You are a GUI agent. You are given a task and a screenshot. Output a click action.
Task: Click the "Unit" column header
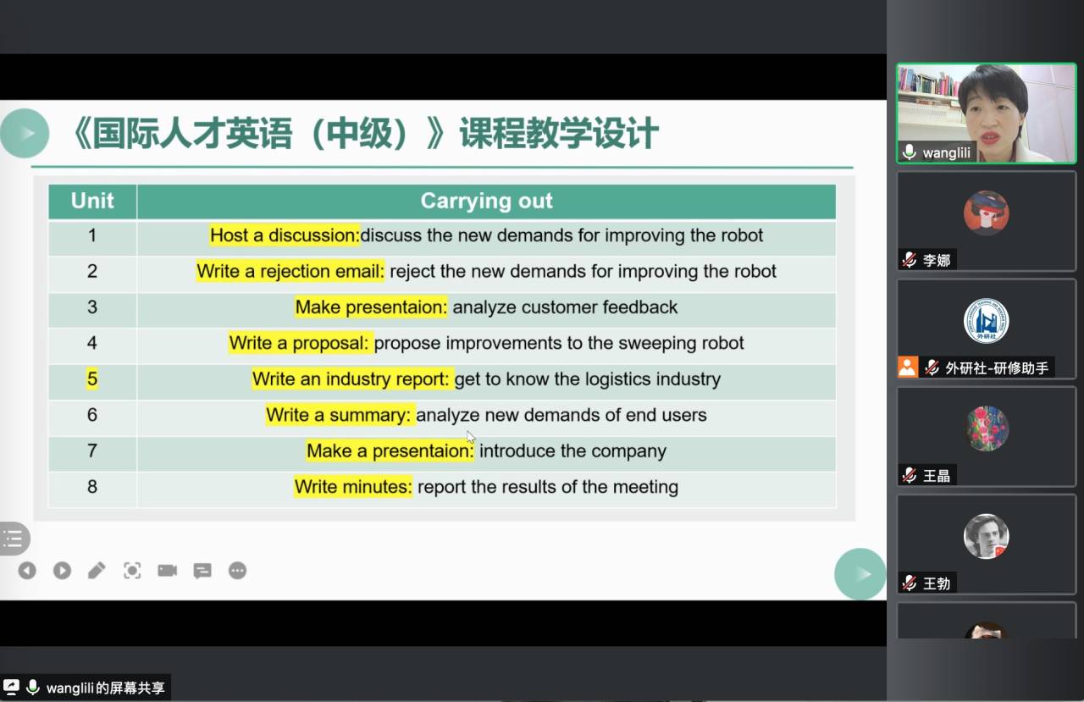[x=92, y=201]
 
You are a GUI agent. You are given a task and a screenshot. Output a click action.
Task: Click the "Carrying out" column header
[x=486, y=201]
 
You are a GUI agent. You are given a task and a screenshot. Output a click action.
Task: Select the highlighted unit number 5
[x=92, y=379]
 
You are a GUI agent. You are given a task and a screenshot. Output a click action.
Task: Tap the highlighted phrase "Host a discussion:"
[x=285, y=235]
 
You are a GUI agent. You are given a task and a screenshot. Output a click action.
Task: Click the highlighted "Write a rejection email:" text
[x=290, y=271]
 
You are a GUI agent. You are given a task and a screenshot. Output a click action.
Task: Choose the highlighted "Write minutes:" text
[x=353, y=486]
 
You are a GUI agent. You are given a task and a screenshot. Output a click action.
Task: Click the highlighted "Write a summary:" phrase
[x=339, y=415]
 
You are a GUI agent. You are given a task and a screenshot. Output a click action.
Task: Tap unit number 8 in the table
[x=92, y=486]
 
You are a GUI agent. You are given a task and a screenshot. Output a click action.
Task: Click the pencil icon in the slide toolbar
[x=97, y=571]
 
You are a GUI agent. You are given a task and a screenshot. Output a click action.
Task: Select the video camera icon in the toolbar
[x=168, y=571]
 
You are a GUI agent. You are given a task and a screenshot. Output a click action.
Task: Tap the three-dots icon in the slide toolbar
[x=237, y=571]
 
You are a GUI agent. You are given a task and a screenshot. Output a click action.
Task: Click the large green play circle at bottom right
[x=860, y=574]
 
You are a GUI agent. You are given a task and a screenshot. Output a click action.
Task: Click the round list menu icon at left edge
[x=14, y=539]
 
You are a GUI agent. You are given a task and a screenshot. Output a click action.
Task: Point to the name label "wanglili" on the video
[x=946, y=153]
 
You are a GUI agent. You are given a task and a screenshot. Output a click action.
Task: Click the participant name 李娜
[x=937, y=260]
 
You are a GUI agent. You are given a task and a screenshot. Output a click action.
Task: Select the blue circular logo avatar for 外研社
[x=987, y=321]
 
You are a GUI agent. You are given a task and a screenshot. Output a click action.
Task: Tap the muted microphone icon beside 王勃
[x=910, y=583]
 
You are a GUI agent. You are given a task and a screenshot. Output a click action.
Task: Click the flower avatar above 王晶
[x=987, y=428]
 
